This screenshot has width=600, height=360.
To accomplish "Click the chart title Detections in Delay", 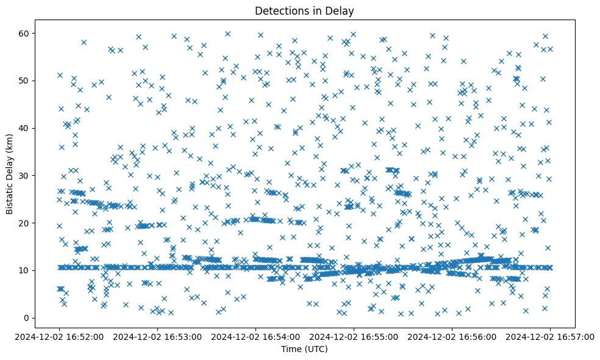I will pyautogui.click(x=304, y=10).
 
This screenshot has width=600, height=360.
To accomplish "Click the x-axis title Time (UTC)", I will pyautogui.click(x=304, y=349).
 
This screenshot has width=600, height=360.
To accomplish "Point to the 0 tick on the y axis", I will pyautogui.click(x=27, y=318).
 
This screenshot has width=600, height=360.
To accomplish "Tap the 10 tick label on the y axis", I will pyautogui.click(x=24, y=270).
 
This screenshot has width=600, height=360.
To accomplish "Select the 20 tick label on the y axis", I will pyautogui.click(x=24, y=223).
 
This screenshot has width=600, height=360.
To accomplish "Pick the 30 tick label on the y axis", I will pyautogui.click(x=24, y=175).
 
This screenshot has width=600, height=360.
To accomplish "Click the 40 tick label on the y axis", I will pyautogui.click(x=24, y=128).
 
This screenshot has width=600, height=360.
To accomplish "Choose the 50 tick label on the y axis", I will pyautogui.click(x=24, y=81).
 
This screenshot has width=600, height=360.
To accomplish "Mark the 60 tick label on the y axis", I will pyautogui.click(x=24, y=33).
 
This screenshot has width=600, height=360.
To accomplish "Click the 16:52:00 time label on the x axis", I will pyautogui.click(x=60, y=336).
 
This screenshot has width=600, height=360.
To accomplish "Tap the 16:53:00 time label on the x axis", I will pyautogui.click(x=158, y=336).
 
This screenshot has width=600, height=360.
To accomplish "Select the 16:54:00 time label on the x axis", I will pyautogui.click(x=255, y=336).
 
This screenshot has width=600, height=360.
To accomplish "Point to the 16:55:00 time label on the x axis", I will pyautogui.click(x=354, y=336).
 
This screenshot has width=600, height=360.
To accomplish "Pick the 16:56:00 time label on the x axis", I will pyautogui.click(x=452, y=336).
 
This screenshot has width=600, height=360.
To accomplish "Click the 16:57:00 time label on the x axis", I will pyautogui.click(x=550, y=336).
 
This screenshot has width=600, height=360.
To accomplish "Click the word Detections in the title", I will pyautogui.click(x=280, y=10).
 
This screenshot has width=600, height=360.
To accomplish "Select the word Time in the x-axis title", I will pyautogui.click(x=291, y=349).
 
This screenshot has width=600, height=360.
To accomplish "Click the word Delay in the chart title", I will pyautogui.click(x=341, y=10).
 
